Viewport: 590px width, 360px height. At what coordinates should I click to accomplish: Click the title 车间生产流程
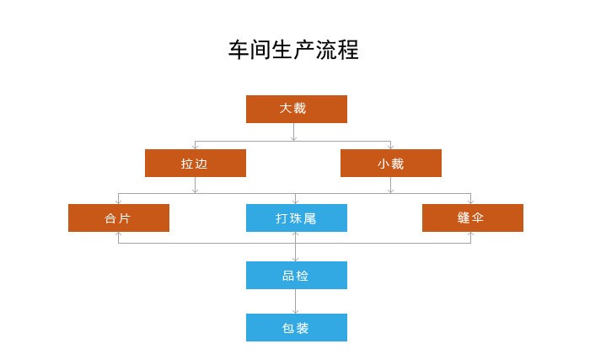pyautogui.click(x=293, y=49)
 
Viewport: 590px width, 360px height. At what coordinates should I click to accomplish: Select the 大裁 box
pyautogui.click(x=296, y=109)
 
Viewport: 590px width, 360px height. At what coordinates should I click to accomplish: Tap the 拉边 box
pyautogui.click(x=195, y=164)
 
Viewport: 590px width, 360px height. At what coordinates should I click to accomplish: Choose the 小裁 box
pyautogui.click(x=390, y=164)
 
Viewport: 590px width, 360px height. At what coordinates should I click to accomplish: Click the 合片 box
pyautogui.click(x=118, y=218)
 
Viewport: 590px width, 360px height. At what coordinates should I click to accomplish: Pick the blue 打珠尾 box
pyautogui.click(x=296, y=218)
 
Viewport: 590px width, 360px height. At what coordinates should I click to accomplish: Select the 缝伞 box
pyautogui.click(x=472, y=218)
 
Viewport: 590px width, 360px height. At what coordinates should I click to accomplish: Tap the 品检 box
pyautogui.click(x=296, y=275)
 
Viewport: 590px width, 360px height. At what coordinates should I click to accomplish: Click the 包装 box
pyautogui.click(x=296, y=327)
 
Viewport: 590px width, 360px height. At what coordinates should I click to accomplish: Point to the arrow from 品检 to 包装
pyautogui.click(x=296, y=301)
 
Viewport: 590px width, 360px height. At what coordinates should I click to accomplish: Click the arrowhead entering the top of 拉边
pyautogui.click(x=195, y=147)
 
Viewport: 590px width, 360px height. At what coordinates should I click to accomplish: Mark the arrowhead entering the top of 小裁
pyautogui.click(x=390, y=147)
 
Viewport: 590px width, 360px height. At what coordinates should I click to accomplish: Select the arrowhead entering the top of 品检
pyautogui.click(x=296, y=258)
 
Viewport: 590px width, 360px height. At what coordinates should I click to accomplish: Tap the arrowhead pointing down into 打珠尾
pyautogui.click(x=296, y=201)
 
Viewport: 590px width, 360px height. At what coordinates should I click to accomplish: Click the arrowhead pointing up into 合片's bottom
pyautogui.click(x=118, y=234)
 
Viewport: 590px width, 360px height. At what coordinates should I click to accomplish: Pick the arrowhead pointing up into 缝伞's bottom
pyautogui.click(x=471, y=234)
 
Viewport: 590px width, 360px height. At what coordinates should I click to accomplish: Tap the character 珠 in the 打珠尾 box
pyautogui.click(x=296, y=218)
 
